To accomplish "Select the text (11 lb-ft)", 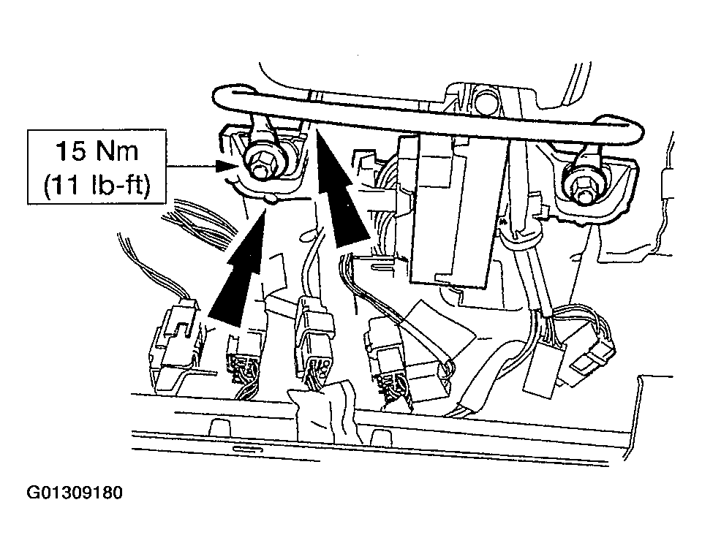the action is click(x=97, y=183).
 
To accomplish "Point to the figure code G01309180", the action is click(x=75, y=493).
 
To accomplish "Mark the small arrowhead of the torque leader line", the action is click(x=226, y=167).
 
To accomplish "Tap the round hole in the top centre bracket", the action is click(x=485, y=99).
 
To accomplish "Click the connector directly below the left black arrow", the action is click(x=244, y=363).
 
